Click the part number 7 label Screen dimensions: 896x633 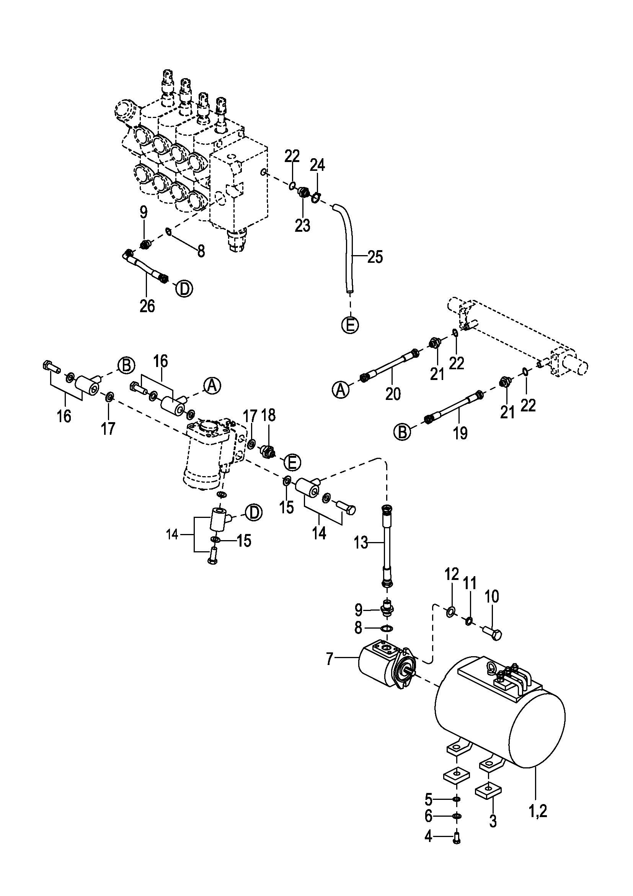[x=330, y=659]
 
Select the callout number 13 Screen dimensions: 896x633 [x=361, y=542]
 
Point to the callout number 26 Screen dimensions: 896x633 [x=147, y=306]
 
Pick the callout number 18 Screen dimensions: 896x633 [x=269, y=415]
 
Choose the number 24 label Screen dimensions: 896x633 [x=317, y=165]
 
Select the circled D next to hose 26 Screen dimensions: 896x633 [x=184, y=289]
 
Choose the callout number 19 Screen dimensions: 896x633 [x=461, y=433]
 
